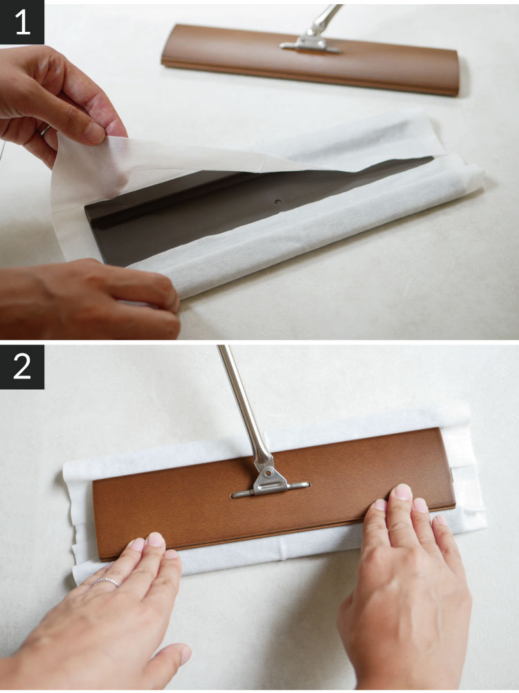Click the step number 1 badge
pyautogui.click(x=22, y=22)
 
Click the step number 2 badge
pyautogui.click(x=22, y=367)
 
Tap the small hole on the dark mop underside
pyautogui.click(x=277, y=202)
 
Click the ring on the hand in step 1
pyautogui.click(x=46, y=130)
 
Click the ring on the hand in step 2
pyautogui.click(x=105, y=581)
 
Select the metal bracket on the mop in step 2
pyautogui.click(x=270, y=482)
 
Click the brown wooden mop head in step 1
pyautogui.click(x=310, y=60)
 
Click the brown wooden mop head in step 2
pyautogui.click(x=273, y=493)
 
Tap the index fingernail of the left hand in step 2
pyautogui.click(x=155, y=539)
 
